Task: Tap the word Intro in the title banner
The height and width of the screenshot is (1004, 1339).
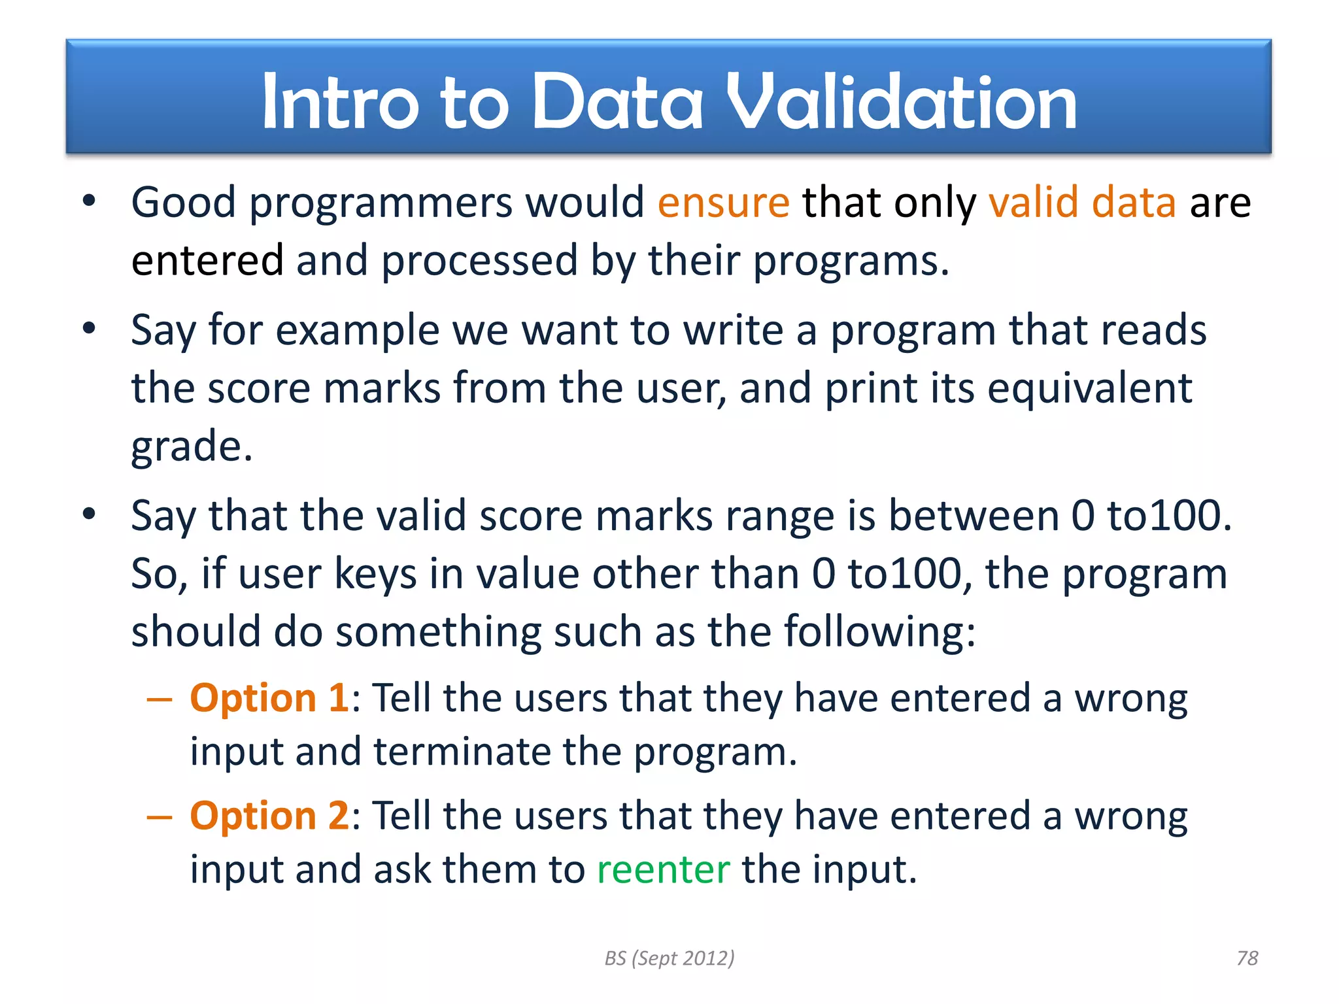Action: click(x=340, y=102)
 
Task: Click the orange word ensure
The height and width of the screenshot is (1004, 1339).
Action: click(x=723, y=203)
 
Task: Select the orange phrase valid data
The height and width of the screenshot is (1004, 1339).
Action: click(x=1082, y=203)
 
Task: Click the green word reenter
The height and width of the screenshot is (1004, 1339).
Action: click(x=663, y=870)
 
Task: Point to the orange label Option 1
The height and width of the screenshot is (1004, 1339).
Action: click(x=269, y=698)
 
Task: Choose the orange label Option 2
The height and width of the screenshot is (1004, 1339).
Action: click(x=269, y=816)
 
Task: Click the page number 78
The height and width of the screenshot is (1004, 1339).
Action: click(x=1247, y=958)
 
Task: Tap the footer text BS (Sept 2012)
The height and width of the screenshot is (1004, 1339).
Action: click(x=669, y=958)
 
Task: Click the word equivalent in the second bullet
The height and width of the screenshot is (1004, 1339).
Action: click(x=1089, y=388)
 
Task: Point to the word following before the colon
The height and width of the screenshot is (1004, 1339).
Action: click(x=872, y=632)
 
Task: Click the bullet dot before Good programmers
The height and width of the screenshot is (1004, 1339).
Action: click(x=90, y=201)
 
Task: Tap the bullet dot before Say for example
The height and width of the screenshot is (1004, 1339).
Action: click(x=90, y=328)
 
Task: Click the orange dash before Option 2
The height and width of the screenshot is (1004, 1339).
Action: click(x=160, y=817)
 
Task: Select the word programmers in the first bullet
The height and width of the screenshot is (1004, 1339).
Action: click(x=381, y=203)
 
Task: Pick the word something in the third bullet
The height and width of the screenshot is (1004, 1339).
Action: click(x=438, y=632)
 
